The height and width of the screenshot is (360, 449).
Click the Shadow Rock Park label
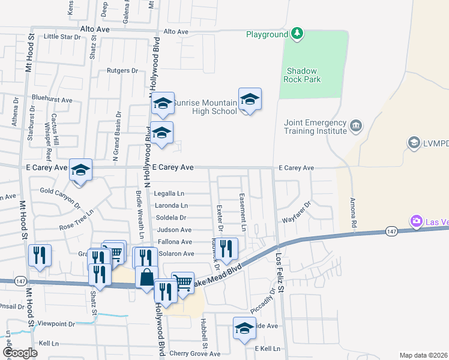pyautogui.click(x=303, y=74)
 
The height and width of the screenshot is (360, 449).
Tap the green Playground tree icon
pyautogui.click(x=297, y=34)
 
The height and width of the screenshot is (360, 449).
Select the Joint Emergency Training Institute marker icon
pyautogui.click(x=356, y=126)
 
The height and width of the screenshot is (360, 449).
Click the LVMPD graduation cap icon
pyautogui.click(x=414, y=142)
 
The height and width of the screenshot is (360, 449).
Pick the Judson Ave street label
pyautogui.click(x=174, y=230)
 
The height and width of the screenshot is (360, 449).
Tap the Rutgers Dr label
pyautogui.click(x=122, y=71)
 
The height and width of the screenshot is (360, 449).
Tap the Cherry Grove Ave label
pyautogui.click(x=195, y=353)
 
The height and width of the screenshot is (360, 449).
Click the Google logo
pyautogui.click(x=20, y=353)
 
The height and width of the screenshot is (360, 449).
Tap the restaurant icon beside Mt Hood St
pyautogui.click(x=40, y=254)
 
